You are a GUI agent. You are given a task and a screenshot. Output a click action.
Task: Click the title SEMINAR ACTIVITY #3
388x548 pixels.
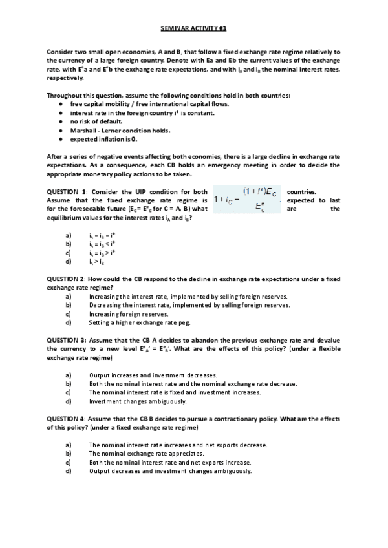pyautogui.click(x=193, y=29)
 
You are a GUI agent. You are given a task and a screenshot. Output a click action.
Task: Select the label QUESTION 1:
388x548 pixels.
pyautogui.click(x=67, y=192)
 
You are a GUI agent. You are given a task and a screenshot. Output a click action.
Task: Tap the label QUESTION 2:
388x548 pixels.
pyautogui.click(x=67, y=279)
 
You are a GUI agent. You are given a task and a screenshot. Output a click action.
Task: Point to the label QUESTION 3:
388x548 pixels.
pyautogui.click(x=67, y=340)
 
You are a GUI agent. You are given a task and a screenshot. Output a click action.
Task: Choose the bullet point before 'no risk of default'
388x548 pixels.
pyautogui.click(x=60, y=121)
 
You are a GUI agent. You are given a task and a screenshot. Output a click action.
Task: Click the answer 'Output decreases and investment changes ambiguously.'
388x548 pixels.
pyautogui.click(x=170, y=471)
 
